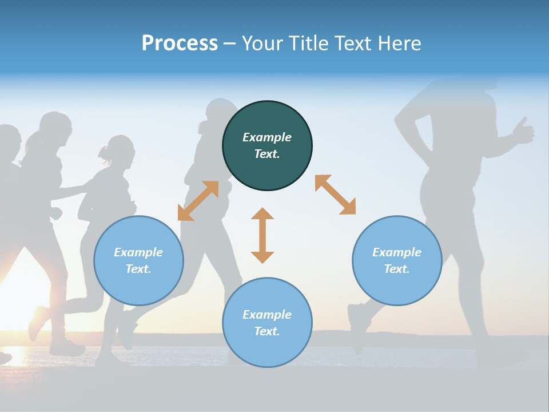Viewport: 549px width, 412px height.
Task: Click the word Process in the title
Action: click(180, 43)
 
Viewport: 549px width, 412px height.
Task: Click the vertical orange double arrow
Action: click(262, 235)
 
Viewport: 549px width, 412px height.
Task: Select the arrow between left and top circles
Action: click(198, 201)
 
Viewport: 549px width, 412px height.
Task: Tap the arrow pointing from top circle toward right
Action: click(335, 195)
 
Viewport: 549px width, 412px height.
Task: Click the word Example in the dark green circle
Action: click(267, 137)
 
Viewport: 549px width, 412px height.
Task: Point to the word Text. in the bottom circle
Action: click(267, 331)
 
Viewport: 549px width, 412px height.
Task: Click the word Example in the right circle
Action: click(397, 252)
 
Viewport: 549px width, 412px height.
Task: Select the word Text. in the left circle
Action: click(138, 269)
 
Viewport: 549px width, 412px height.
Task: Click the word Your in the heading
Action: click(262, 43)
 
